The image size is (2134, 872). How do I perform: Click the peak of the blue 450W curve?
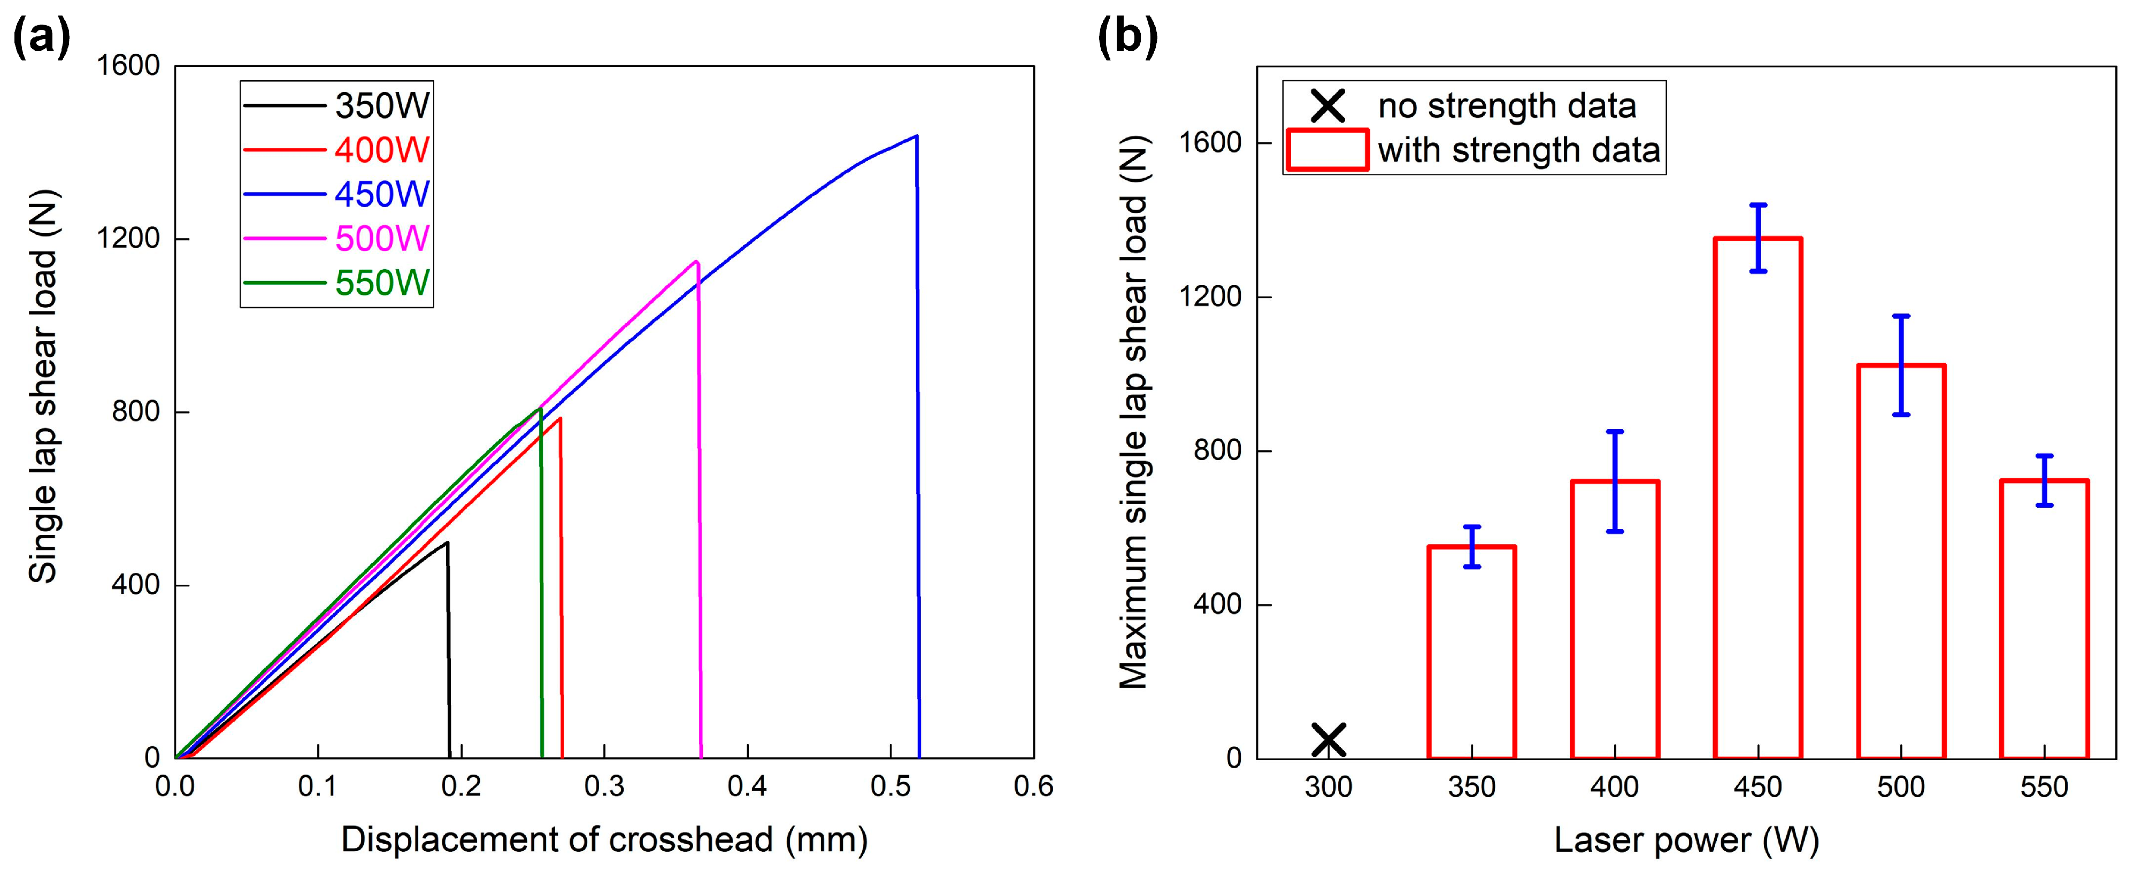[916, 136]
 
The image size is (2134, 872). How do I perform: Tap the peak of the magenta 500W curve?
[696, 262]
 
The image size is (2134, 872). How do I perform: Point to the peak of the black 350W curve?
[447, 543]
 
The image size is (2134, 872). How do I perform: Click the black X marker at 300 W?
[1329, 739]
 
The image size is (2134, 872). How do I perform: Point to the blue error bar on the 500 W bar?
[1901, 365]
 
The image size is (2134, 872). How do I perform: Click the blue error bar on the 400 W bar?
[1615, 481]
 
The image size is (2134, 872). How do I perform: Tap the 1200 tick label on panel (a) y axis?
[128, 239]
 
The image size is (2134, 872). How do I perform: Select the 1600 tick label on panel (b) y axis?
[1211, 143]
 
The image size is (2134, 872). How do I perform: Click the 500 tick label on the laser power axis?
[1900, 786]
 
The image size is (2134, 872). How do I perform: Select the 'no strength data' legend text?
[1507, 106]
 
